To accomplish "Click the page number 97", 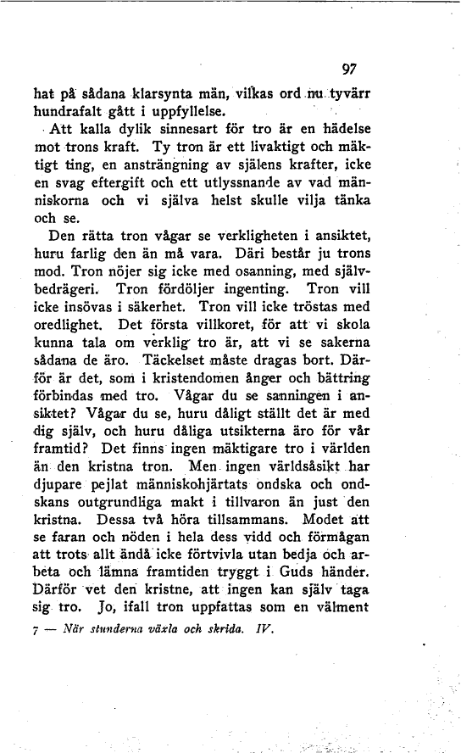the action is (x=347, y=70).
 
